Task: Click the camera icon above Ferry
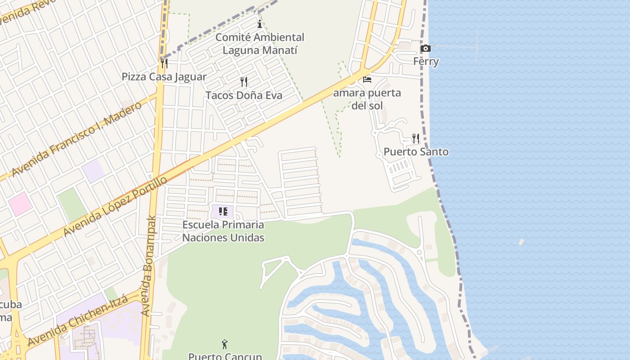click(425, 49)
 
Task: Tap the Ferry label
click(426, 61)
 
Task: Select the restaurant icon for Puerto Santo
click(416, 139)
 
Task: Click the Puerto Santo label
click(416, 152)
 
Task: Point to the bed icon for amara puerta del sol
click(367, 80)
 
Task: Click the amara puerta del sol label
click(367, 99)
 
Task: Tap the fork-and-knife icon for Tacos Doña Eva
click(244, 82)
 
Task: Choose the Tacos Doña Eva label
click(244, 95)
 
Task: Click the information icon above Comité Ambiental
click(259, 24)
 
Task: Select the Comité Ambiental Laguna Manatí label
click(260, 44)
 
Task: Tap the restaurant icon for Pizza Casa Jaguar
click(164, 63)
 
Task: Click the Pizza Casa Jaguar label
click(164, 77)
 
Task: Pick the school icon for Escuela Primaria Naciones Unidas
click(223, 211)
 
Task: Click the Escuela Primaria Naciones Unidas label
click(223, 231)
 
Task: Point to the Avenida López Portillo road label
click(115, 207)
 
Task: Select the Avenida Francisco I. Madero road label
click(76, 139)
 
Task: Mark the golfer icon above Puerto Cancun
click(225, 345)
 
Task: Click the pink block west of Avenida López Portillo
click(20, 203)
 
